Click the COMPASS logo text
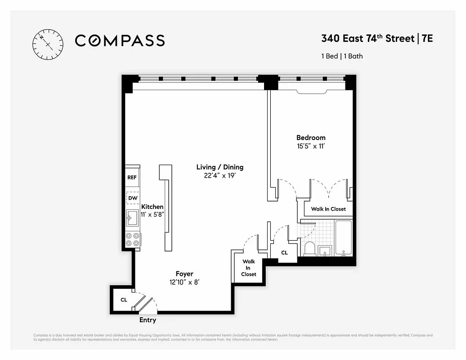pyautogui.click(x=120, y=40)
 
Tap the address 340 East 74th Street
pyautogui.click(x=367, y=38)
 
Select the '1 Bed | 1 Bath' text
pyautogui.click(x=342, y=56)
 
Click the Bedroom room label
pyautogui.click(x=310, y=137)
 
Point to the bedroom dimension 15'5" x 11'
pyautogui.click(x=310, y=146)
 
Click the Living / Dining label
pyautogui.click(x=220, y=167)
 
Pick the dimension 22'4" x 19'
pyautogui.click(x=220, y=176)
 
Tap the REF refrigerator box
pyautogui.click(x=132, y=177)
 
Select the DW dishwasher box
pyautogui.click(x=132, y=198)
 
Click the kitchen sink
pyautogui.click(x=132, y=220)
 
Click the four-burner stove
pyautogui.click(x=132, y=239)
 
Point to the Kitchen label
pyautogui.click(x=152, y=207)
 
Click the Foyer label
pyautogui.click(x=184, y=274)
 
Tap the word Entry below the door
pyautogui.click(x=148, y=320)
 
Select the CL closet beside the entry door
pyautogui.click(x=123, y=299)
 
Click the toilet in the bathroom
pyautogui.click(x=310, y=248)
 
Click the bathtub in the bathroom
pyautogui.click(x=343, y=238)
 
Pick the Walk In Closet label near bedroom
pyautogui.click(x=328, y=209)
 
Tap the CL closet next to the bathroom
pyautogui.click(x=284, y=253)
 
